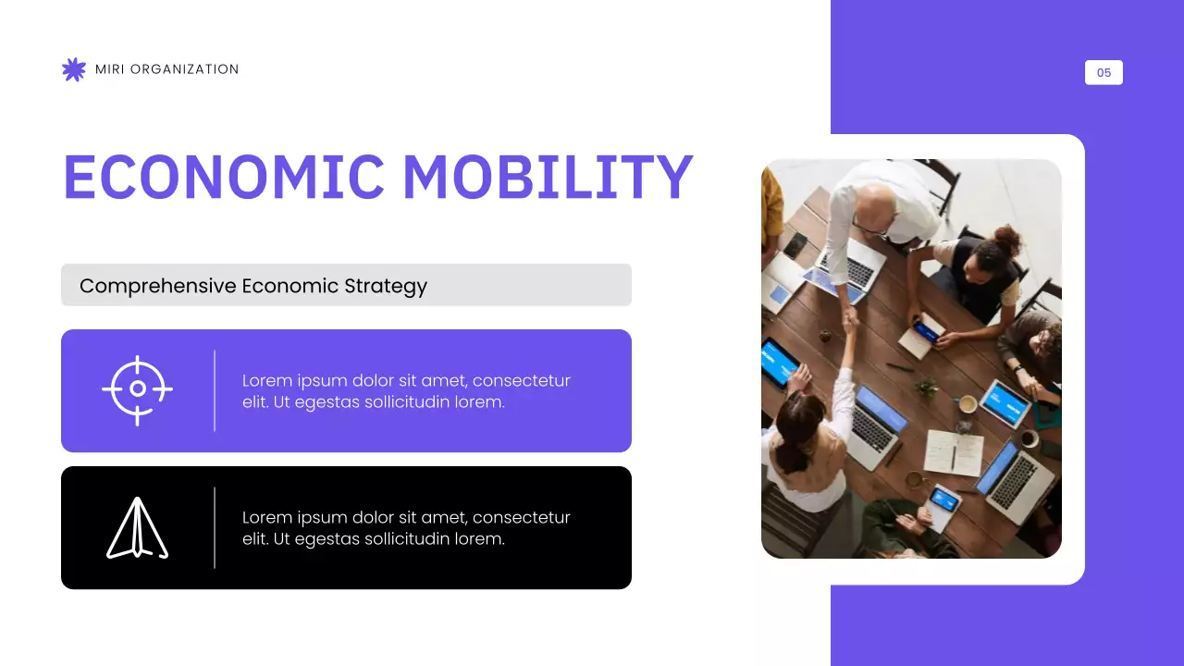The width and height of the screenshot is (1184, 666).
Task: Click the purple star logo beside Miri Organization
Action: tap(73, 69)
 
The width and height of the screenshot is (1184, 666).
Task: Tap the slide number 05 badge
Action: tap(1104, 72)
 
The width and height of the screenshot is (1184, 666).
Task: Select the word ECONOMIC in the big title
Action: tap(223, 177)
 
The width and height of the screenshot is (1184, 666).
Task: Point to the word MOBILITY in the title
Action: tap(548, 177)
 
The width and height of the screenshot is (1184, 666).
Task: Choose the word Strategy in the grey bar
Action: tap(386, 286)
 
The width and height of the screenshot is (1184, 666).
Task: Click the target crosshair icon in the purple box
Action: tap(137, 389)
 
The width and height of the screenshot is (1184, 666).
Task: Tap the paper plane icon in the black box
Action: tap(136, 528)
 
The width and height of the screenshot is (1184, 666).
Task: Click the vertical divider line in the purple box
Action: tap(215, 390)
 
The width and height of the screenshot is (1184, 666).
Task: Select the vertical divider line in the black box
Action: tap(215, 527)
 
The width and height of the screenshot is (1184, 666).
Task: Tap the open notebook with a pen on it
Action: tap(953, 453)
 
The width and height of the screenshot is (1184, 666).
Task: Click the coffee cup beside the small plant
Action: tap(967, 404)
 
